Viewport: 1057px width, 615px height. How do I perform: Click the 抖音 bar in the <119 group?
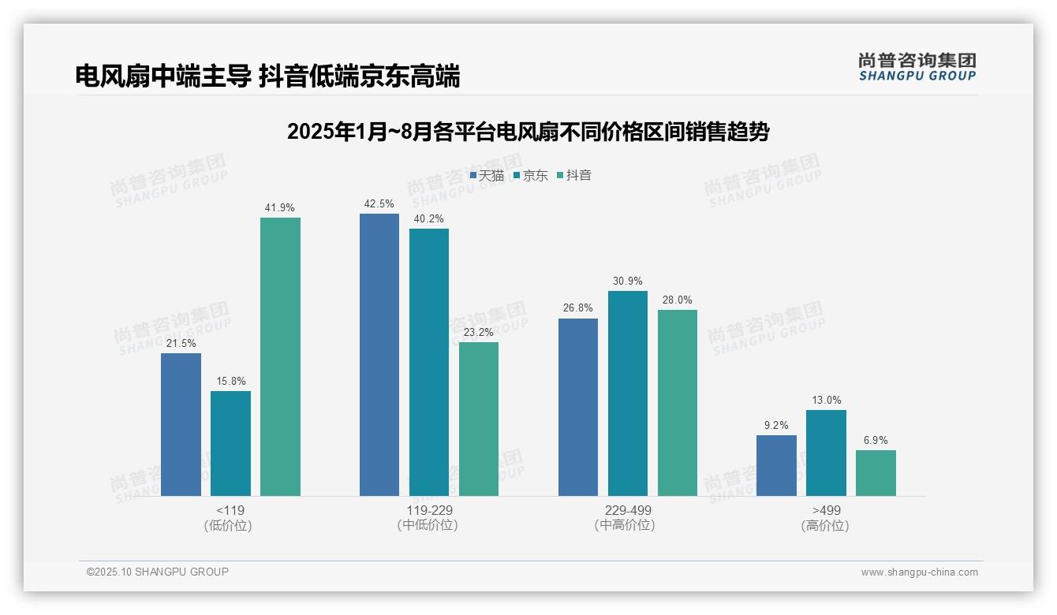[x=280, y=356]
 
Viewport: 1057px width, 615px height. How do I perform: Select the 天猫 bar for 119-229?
[x=379, y=355]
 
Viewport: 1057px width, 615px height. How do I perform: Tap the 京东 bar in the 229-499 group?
[x=628, y=393]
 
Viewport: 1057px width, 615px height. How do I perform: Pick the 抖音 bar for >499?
[x=876, y=473]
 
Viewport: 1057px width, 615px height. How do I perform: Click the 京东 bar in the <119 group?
[x=230, y=443]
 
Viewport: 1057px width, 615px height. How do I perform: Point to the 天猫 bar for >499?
[x=776, y=465]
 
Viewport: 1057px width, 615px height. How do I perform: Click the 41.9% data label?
[x=280, y=208]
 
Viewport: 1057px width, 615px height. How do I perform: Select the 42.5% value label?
[x=379, y=204]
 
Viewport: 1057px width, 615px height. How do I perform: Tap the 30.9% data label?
[x=628, y=281]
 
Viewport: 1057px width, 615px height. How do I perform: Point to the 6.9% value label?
[x=876, y=441]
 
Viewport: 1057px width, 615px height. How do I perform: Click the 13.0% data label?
[x=826, y=401]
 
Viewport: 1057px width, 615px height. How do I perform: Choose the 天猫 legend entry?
[x=487, y=176]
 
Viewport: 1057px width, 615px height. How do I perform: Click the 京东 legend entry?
[x=531, y=176]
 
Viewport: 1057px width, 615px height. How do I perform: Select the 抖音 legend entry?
[x=574, y=176]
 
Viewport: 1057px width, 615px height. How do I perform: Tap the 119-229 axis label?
[x=429, y=510]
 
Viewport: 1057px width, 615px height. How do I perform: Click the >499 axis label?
[x=826, y=510]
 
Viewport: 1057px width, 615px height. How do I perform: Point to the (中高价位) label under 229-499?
[x=628, y=525]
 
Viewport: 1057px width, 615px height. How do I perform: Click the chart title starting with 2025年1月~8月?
[x=528, y=132]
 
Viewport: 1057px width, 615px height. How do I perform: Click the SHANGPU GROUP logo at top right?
[x=917, y=67]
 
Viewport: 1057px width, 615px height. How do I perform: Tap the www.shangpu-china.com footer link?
[x=919, y=572]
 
